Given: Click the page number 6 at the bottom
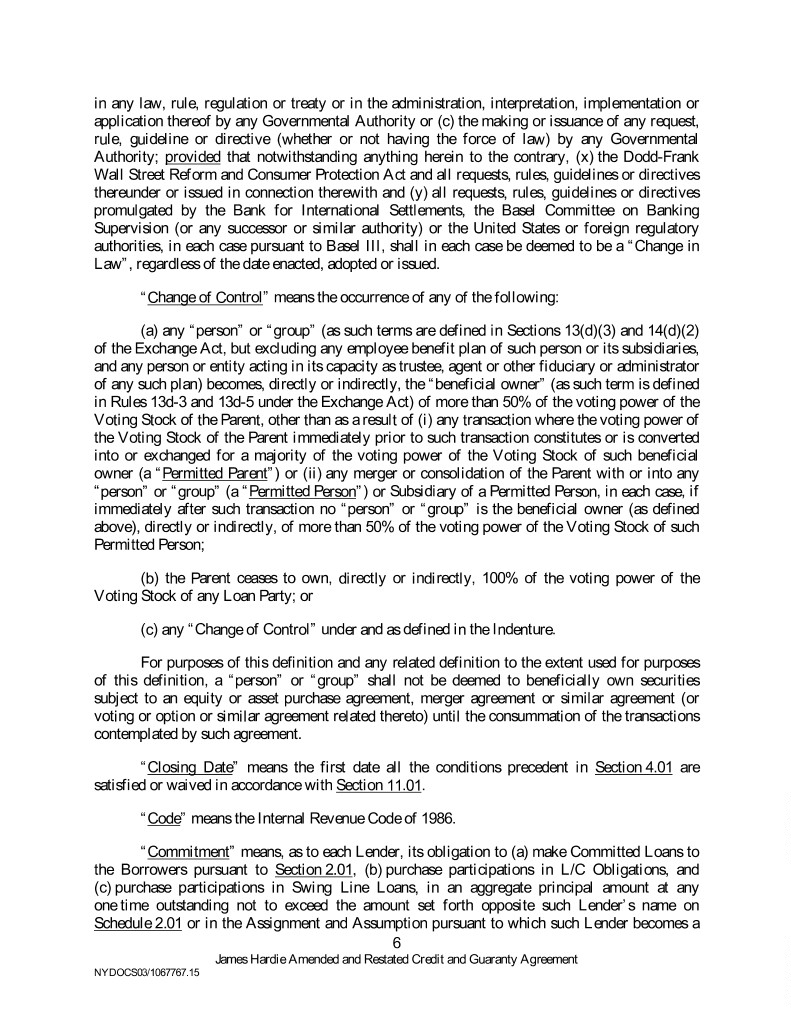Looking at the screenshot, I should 396,943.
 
